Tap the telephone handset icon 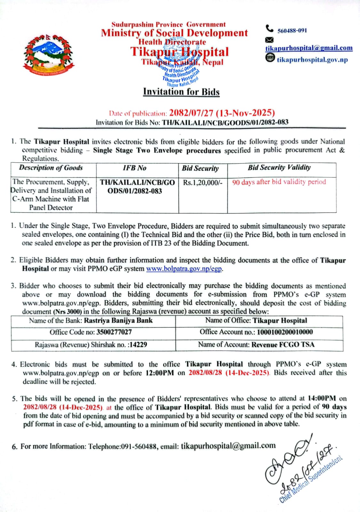269,29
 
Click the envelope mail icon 269,40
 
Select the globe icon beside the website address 270,58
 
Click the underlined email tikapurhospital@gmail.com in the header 309,48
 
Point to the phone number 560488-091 292,31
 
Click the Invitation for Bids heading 181,92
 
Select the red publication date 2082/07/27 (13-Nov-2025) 222,113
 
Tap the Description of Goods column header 51,168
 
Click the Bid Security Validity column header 279,167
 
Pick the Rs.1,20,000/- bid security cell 203,183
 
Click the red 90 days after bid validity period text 279,182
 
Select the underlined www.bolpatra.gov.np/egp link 184,269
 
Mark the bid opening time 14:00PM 322,399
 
